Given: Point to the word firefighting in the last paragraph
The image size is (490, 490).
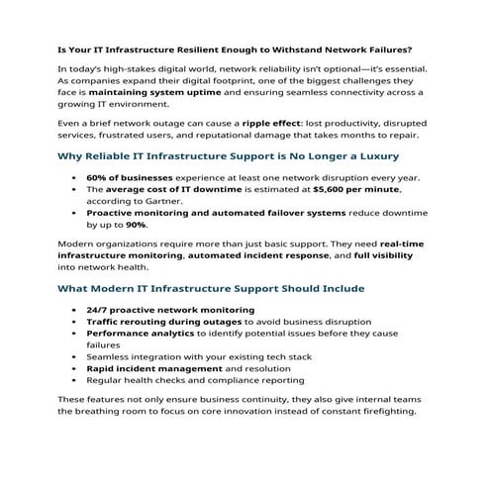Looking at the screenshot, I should [386, 413].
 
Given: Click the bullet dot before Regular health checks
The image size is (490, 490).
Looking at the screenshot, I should [75, 380].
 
